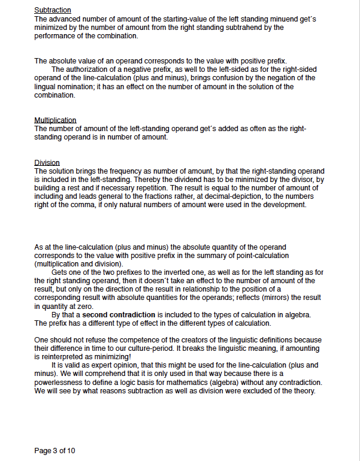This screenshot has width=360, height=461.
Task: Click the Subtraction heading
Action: [x=53, y=11]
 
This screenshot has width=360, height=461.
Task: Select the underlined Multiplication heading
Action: [x=55, y=120]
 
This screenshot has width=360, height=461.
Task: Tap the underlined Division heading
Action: [x=47, y=163]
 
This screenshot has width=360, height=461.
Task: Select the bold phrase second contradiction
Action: [x=119, y=315]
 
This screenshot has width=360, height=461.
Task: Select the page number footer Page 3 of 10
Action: [x=55, y=450]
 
